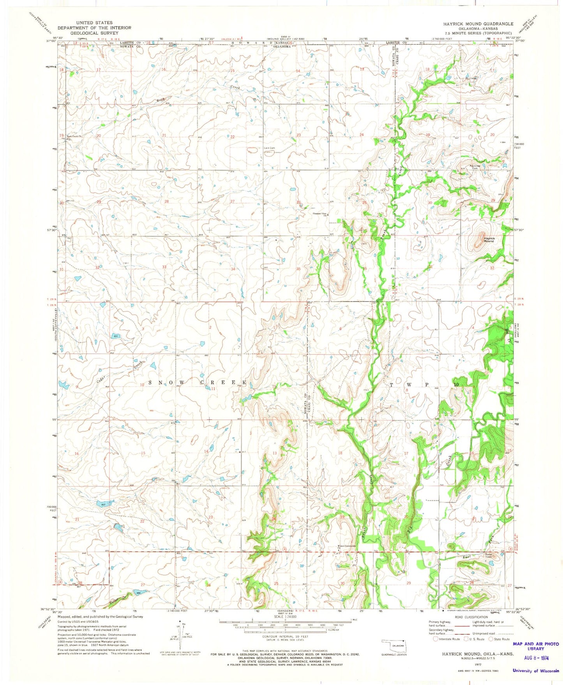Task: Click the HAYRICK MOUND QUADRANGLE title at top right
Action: (x=478, y=24)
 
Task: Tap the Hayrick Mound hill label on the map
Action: (x=489, y=240)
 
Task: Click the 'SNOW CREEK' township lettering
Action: (x=198, y=383)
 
